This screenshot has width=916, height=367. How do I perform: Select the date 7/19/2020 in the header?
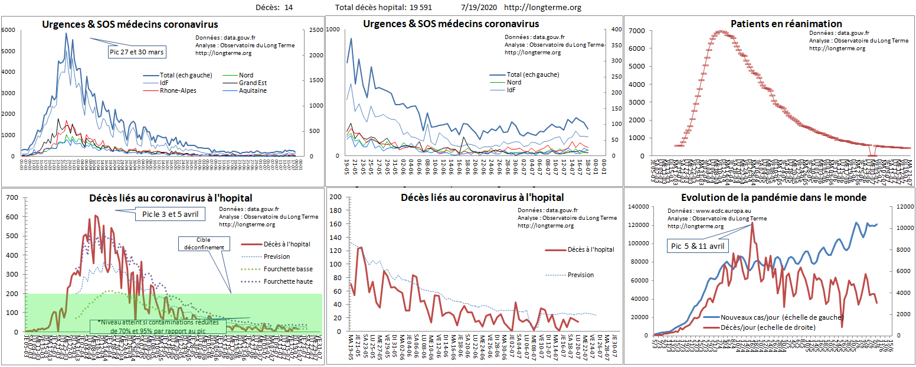[479, 8]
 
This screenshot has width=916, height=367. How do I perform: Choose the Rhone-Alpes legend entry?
[178, 91]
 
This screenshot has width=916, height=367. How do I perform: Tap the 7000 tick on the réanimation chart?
[641, 30]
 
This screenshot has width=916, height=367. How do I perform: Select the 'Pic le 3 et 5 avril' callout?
[170, 214]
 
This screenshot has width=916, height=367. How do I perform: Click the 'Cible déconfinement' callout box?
[202, 243]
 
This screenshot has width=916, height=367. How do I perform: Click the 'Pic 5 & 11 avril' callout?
[698, 245]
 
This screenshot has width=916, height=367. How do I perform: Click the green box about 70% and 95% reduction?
[158, 326]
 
